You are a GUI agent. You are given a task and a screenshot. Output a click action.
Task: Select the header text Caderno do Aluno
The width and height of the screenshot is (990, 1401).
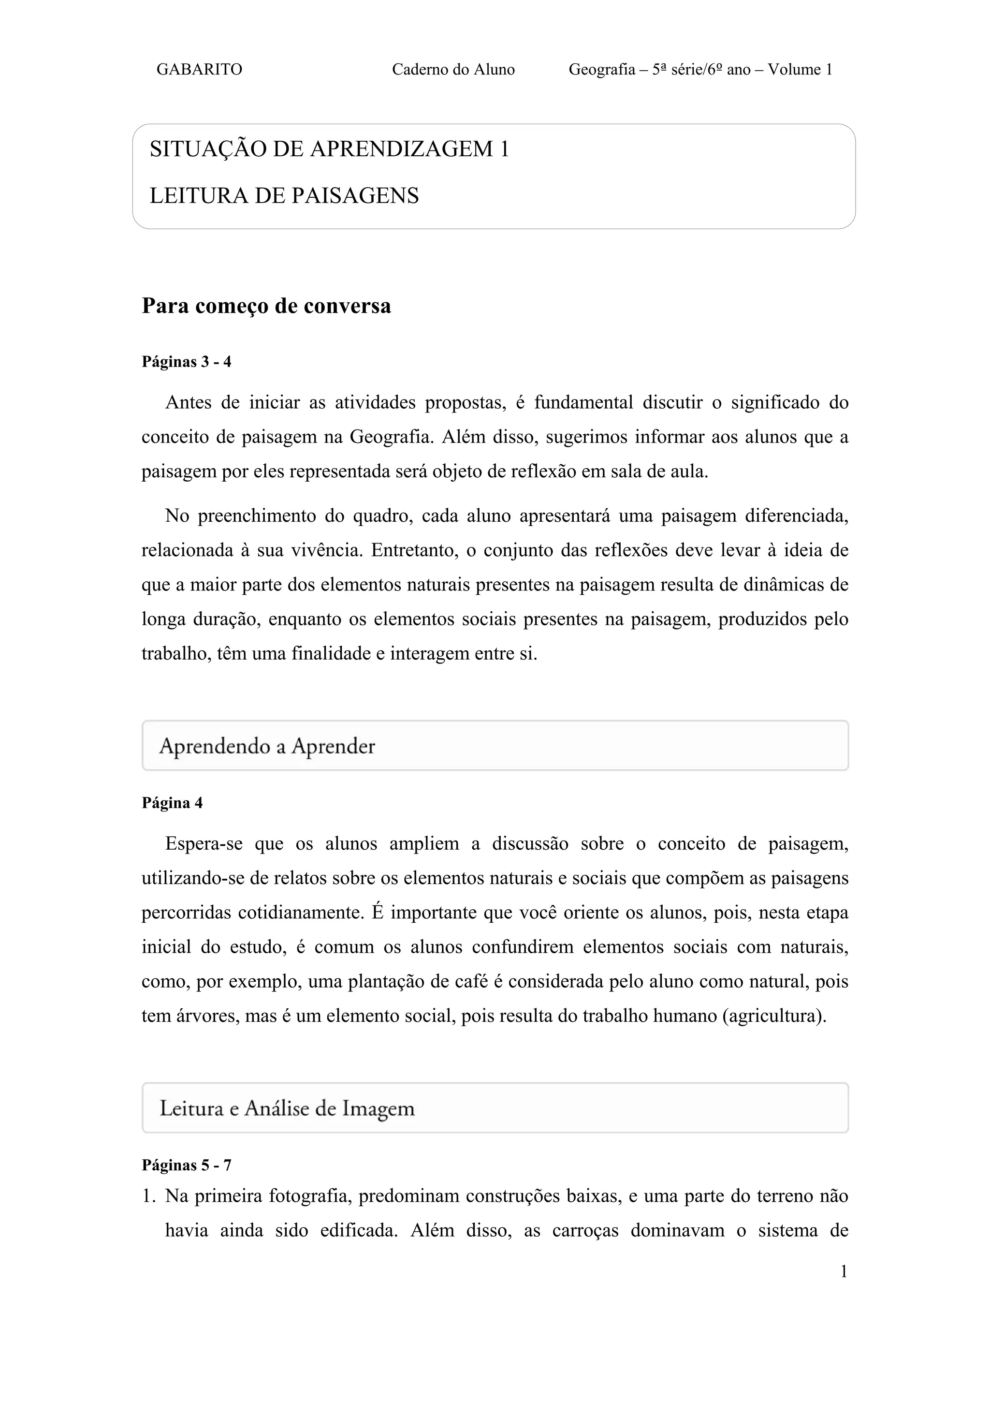[x=453, y=70]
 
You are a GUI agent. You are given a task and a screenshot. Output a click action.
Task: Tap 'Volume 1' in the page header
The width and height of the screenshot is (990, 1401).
[x=800, y=70]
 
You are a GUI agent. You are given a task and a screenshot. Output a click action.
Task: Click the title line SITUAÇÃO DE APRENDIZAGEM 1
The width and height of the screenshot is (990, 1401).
[x=329, y=149]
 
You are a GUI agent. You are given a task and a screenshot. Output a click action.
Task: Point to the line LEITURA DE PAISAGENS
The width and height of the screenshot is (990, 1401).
[x=284, y=196]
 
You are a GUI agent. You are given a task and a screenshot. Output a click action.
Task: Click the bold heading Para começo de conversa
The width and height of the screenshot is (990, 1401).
[x=266, y=306]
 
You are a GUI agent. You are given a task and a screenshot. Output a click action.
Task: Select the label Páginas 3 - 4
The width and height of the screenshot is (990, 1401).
[x=186, y=362]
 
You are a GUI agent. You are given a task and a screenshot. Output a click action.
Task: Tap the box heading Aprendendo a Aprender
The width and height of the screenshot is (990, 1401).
[x=267, y=746]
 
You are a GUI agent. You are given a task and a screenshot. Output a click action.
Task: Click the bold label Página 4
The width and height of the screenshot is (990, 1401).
[x=172, y=803]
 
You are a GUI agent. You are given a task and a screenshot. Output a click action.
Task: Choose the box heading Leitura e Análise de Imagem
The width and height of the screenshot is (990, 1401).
[x=287, y=1108]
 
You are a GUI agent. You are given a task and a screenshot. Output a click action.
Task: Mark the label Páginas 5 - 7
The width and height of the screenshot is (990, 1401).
[x=186, y=1165]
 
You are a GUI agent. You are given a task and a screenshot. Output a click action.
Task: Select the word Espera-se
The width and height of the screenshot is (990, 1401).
[x=204, y=844]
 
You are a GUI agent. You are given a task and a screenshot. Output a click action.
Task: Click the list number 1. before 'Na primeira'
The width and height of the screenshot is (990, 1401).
[x=149, y=1196]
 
